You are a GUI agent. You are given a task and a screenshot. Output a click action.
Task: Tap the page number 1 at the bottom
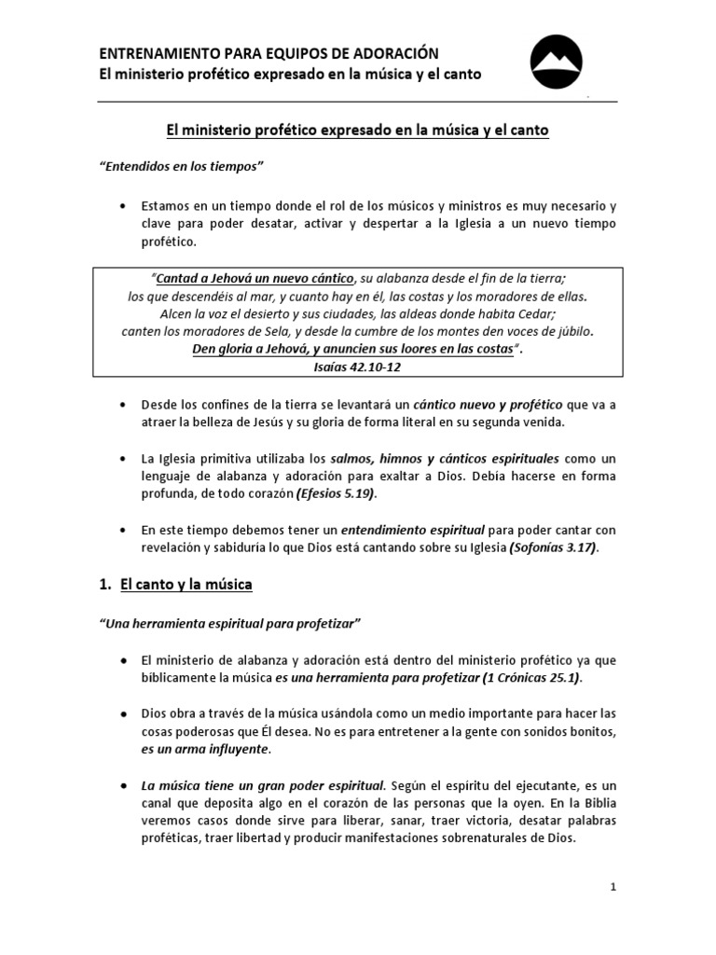point(613,887)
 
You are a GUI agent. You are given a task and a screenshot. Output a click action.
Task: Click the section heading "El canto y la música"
point(186,585)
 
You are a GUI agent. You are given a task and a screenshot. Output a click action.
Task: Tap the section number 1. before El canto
point(105,585)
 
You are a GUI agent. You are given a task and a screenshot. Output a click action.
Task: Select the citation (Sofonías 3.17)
point(552,547)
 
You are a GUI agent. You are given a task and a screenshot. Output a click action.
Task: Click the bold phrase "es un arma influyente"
point(205,748)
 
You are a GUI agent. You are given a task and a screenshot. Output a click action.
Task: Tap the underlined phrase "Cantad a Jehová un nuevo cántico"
point(255,279)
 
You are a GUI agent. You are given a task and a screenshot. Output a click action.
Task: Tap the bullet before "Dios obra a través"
point(123,713)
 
